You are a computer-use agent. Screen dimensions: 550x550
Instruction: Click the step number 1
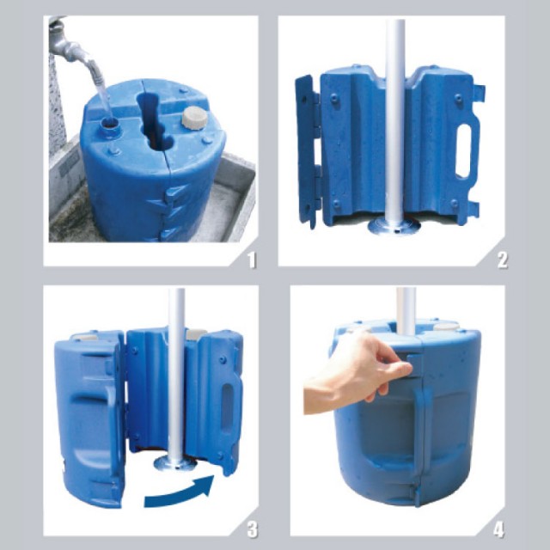click(252, 260)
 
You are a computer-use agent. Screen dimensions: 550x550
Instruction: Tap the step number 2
click(502, 260)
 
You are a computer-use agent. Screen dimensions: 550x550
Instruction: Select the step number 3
click(252, 529)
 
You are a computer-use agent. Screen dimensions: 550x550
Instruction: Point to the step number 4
click(498, 529)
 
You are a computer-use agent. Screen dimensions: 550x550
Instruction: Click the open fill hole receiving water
click(111, 124)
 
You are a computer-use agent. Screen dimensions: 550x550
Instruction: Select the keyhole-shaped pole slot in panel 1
click(153, 119)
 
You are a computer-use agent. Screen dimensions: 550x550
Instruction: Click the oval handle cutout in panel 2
click(464, 151)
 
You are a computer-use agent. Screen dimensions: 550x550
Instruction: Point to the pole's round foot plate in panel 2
click(394, 224)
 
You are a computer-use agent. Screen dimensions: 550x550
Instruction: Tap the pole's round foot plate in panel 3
click(175, 464)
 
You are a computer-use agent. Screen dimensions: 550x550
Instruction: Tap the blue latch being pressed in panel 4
click(414, 364)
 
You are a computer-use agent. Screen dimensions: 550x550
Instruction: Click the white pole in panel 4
click(406, 311)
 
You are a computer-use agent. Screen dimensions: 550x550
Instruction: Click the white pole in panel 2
click(395, 119)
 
